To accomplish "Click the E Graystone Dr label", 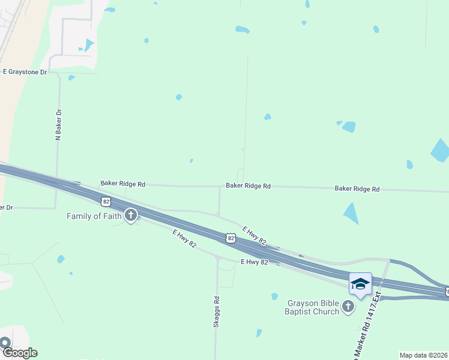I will click(x=25, y=71).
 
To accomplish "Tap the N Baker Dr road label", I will click(x=58, y=125).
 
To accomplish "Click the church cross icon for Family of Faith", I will click(x=130, y=215).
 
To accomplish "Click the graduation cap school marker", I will click(x=361, y=283).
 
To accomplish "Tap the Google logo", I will click(x=19, y=353).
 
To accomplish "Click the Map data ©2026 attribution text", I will click(x=423, y=355).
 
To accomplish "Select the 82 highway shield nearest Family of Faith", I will click(x=106, y=201).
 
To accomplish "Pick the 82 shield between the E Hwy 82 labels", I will click(x=231, y=238).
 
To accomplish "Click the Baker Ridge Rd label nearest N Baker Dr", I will click(x=123, y=184).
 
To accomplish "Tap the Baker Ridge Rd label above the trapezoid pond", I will click(x=357, y=189).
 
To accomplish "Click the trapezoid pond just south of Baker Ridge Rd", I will click(x=351, y=213).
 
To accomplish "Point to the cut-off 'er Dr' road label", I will click(x=7, y=208).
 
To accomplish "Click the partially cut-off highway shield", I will click(x=447, y=292).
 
